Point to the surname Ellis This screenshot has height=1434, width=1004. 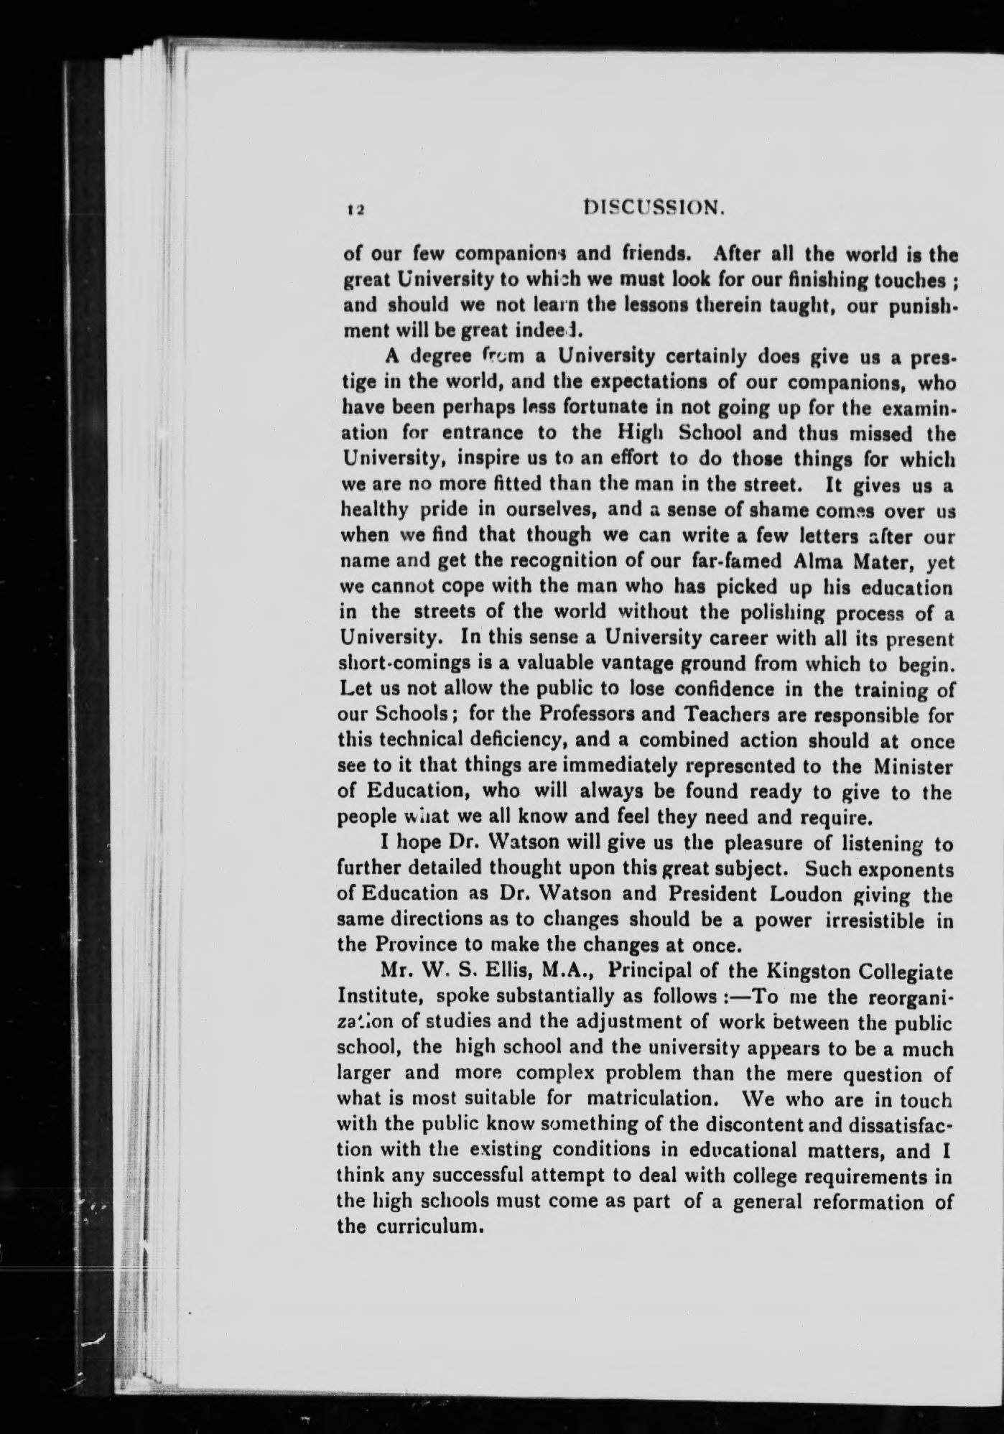(508, 972)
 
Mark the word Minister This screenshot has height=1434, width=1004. (913, 766)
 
